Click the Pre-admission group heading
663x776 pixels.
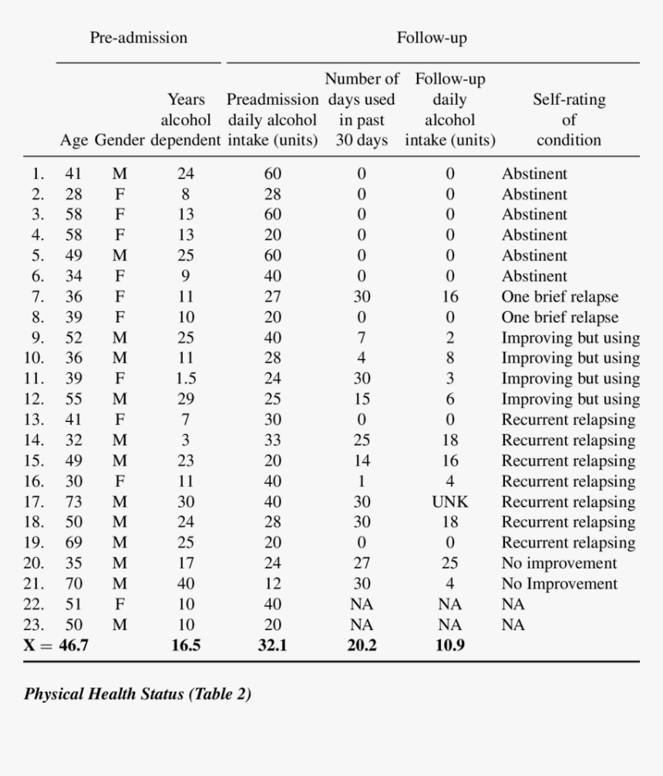point(138,37)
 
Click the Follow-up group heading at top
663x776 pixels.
point(432,37)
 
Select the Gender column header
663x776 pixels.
point(119,140)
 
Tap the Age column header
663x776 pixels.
point(73,140)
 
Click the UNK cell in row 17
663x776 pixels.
point(450,501)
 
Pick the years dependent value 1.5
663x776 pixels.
point(186,378)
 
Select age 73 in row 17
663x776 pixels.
point(73,501)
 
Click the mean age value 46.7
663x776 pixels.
point(73,645)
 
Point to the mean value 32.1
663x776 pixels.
point(272,645)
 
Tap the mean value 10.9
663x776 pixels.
point(450,645)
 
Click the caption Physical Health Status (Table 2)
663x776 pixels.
point(137,693)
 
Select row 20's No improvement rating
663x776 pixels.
point(559,563)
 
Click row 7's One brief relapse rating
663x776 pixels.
point(560,296)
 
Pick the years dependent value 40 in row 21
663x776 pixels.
point(186,584)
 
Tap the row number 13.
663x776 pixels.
point(35,420)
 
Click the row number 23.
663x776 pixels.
point(35,625)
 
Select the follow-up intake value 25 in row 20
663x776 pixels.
point(450,563)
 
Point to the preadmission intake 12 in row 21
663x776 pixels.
point(272,584)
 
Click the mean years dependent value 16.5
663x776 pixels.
point(186,645)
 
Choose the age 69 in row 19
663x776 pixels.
point(73,542)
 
